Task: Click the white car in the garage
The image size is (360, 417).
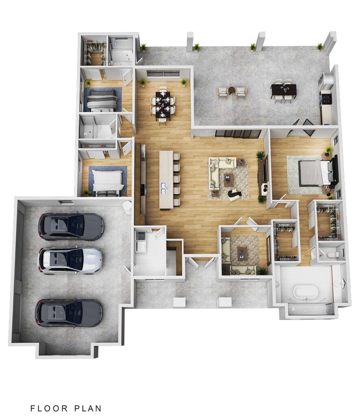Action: click(x=70, y=261)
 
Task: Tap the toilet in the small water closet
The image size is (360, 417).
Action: click(x=334, y=255)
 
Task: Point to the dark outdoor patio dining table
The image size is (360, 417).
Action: click(x=284, y=90)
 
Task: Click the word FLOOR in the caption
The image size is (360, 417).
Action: click(x=49, y=408)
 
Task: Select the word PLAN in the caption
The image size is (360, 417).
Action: click(x=88, y=408)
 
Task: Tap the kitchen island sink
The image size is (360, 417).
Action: click(x=164, y=187)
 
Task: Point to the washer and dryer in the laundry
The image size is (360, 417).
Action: click(x=141, y=241)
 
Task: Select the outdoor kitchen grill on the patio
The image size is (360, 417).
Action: click(x=326, y=97)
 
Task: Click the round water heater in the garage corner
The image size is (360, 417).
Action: click(x=127, y=207)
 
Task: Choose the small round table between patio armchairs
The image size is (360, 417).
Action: click(x=232, y=91)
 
